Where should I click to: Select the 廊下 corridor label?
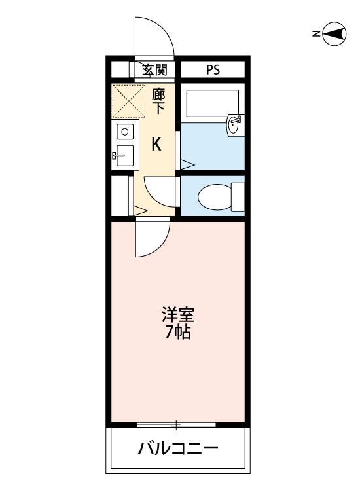coord(158,101)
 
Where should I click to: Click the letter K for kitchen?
coord(157,145)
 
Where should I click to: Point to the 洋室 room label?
coord(177,314)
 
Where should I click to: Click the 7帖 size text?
coord(177,333)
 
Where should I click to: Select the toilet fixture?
coord(213,196)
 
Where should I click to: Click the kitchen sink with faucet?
coord(123,156)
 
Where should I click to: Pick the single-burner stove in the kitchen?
coord(124,132)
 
